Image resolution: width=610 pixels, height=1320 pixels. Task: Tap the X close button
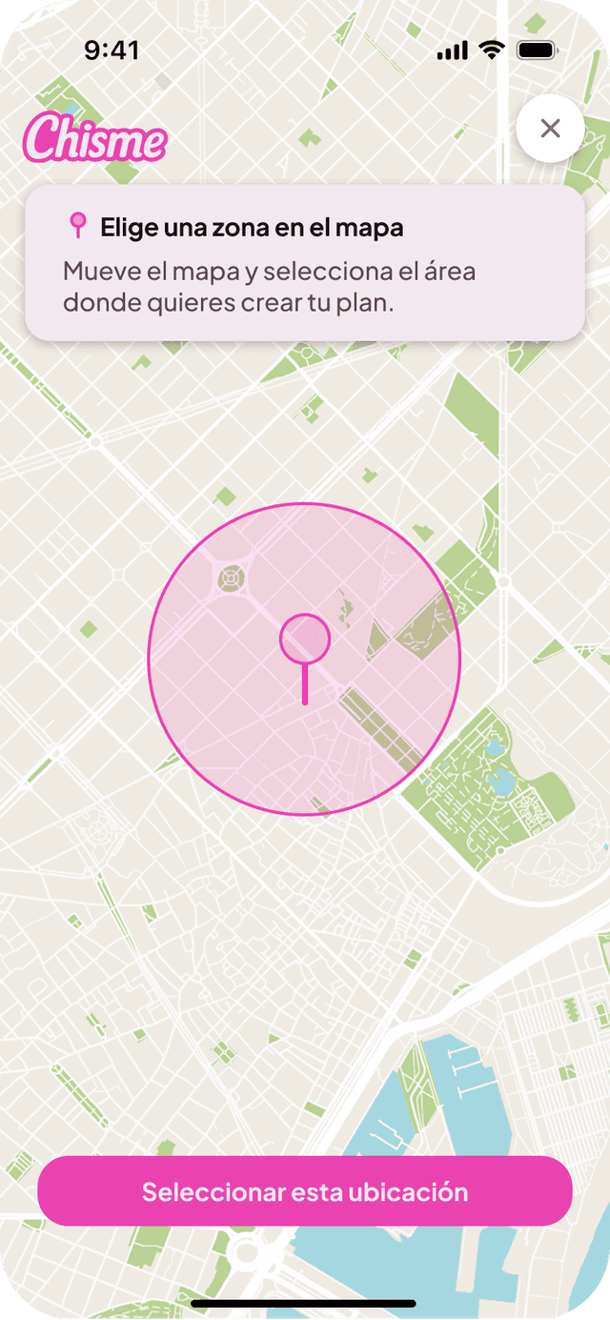pyautogui.click(x=550, y=129)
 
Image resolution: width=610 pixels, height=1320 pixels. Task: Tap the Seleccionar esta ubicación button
pyautogui.click(x=305, y=1191)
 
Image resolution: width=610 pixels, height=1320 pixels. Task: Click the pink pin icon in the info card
pyautogui.click(x=78, y=226)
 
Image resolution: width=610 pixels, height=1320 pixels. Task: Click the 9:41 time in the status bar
pyautogui.click(x=112, y=51)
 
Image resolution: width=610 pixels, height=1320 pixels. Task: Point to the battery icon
pyautogui.click(x=538, y=51)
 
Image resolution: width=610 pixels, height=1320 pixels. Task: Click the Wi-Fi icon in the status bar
pyautogui.click(x=492, y=51)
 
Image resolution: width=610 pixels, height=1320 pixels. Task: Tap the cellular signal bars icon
pyautogui.click(x=453, y=51)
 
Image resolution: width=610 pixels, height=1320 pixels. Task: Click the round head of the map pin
pyautogui.click(x=304, y=638)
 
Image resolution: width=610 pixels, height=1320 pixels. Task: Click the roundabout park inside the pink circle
pyautogui.click(x=230, y=577)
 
